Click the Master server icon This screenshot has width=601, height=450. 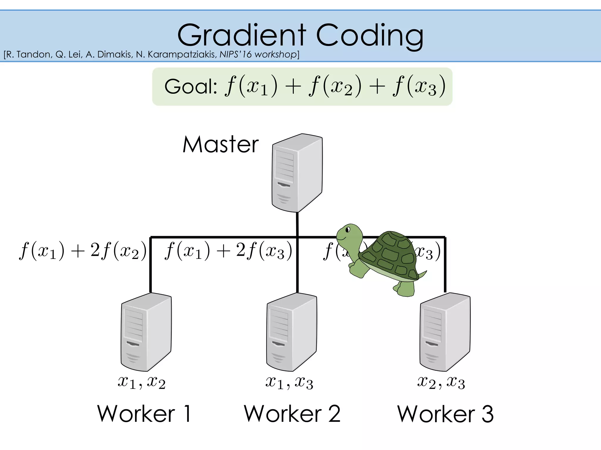(297, 173)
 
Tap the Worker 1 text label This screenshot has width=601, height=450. (144, 414)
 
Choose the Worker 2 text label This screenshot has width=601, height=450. (292, 414)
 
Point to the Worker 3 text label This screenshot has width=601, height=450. (445, 414)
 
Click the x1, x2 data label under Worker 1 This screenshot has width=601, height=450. (141, 382)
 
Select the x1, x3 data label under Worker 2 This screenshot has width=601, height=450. (289, 382)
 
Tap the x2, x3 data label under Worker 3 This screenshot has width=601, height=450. (441, 382)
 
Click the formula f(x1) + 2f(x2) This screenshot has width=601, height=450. (83, 251)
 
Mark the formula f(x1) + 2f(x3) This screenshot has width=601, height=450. (228, 251)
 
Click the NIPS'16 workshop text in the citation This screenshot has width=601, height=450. (258, 54)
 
